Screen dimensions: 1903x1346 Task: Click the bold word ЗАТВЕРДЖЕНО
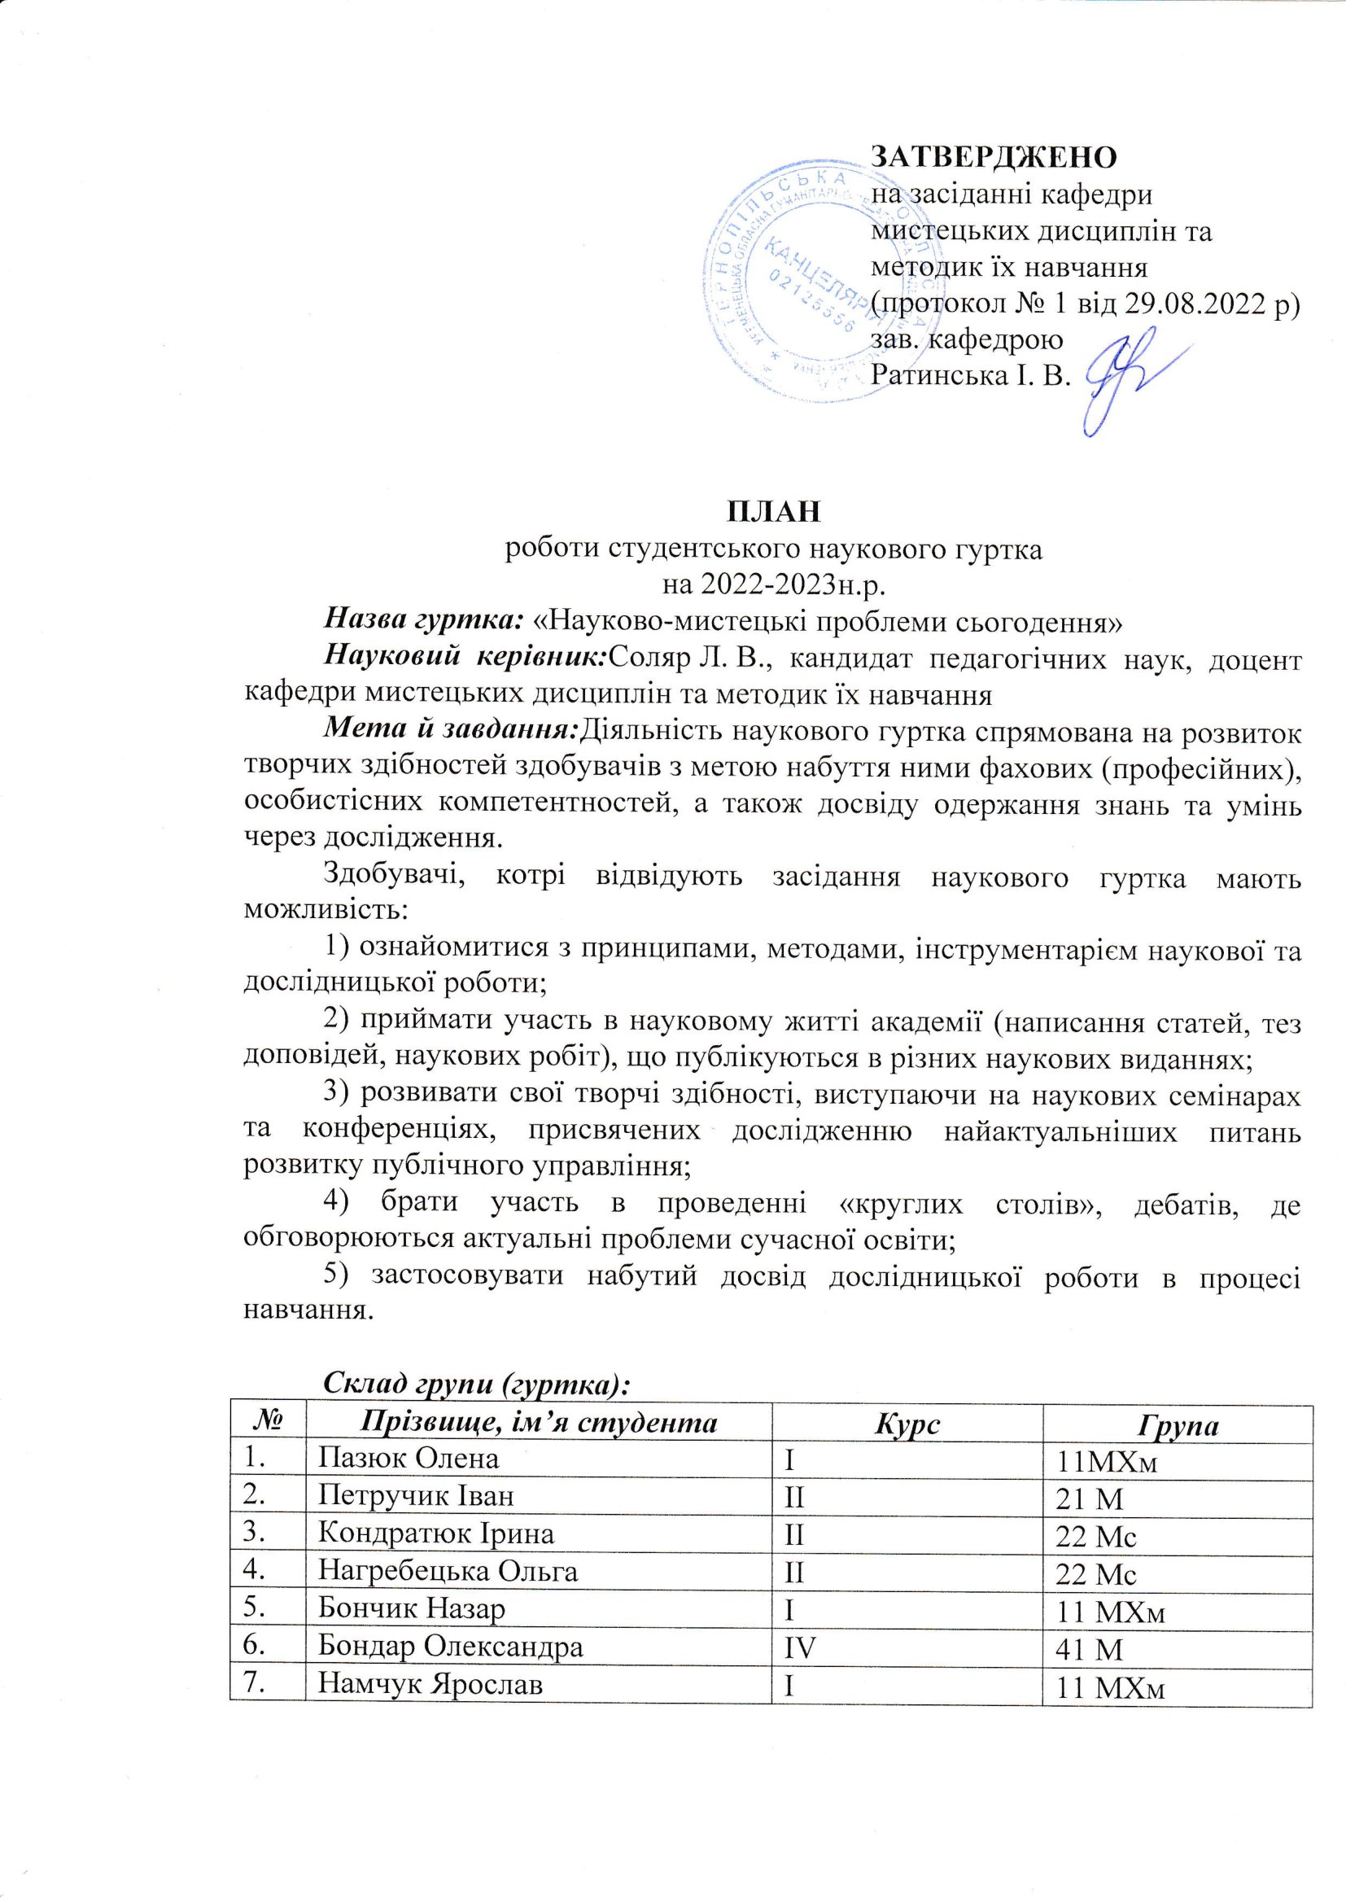(993, 156)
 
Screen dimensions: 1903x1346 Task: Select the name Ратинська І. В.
(971, 375)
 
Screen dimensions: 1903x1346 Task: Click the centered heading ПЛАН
(774, 512)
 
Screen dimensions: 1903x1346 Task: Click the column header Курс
(906, 1423)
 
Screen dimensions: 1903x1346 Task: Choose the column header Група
(1177, 1424)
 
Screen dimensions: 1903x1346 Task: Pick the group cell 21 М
(1089, 1498)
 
